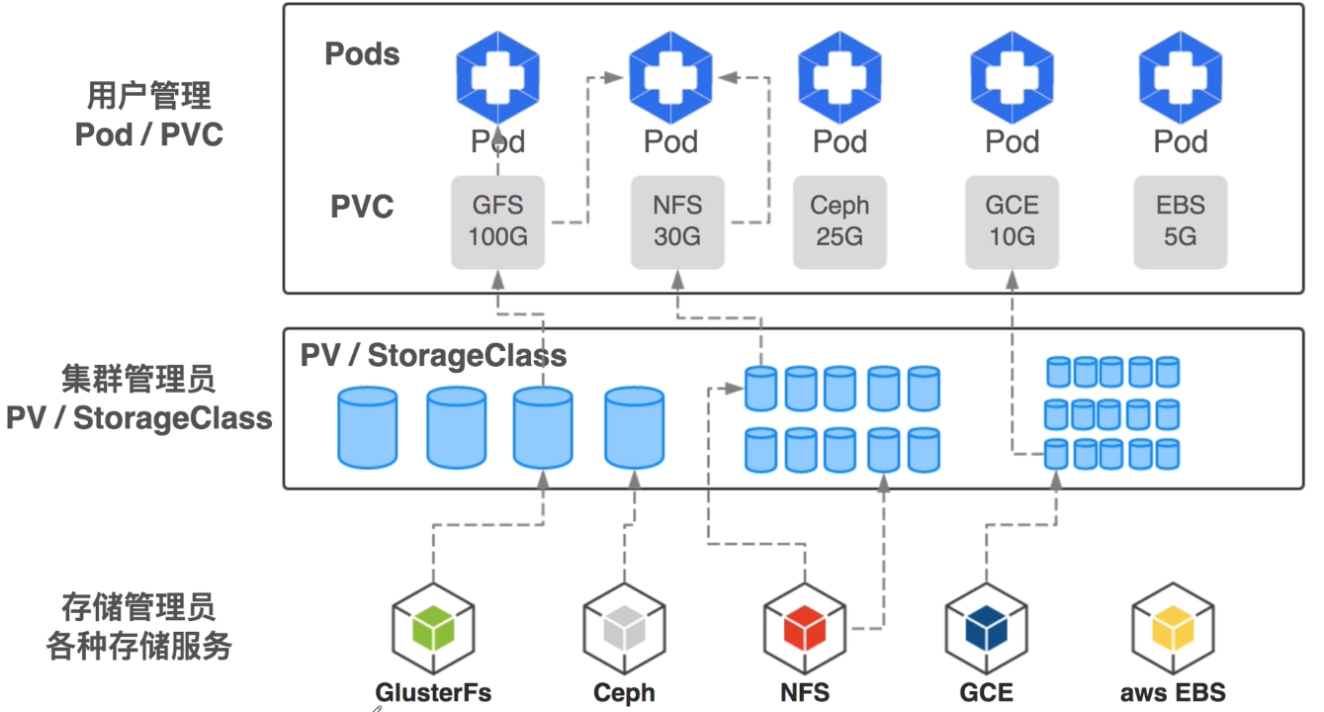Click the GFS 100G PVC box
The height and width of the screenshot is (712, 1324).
[x=497, y=222]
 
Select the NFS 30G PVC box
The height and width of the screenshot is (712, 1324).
[x=677, y=222]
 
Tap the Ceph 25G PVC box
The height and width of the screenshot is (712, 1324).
[x=839, y=222]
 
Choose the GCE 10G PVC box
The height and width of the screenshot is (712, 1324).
[x=1012, y=222]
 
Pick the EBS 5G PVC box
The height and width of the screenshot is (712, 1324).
[x=1181, y=222]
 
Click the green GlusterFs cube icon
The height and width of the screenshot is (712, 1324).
[x=433, y=630]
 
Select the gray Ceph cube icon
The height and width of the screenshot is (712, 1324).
[x=624, y=630]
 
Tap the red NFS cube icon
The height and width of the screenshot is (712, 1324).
[x=805, y=630]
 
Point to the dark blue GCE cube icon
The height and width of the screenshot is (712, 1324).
[x=986, y=630]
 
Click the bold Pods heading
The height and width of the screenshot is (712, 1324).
[x=362, y=53]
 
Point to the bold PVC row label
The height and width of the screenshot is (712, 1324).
[x=362, y=208]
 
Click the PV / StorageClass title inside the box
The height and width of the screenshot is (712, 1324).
[x=433, y=356]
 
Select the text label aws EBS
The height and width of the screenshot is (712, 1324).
[x=1173, y=692]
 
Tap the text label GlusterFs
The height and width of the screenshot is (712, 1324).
[x=433, y=692]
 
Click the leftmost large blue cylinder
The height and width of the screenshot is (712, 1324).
[x=368, y=427]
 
